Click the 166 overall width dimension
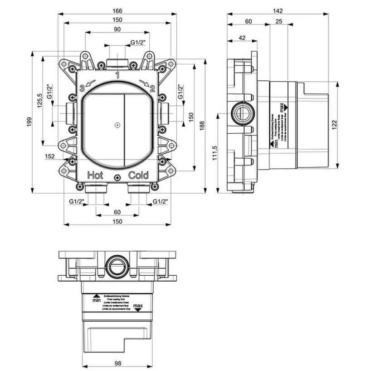tap(117, 11)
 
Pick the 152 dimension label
tap(50, 156)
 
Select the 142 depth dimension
tap(278, 11)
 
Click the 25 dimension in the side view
tap(279, 22)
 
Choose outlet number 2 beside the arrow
tap(153, 88)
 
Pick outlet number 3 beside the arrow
tap(82, 88)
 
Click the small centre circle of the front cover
tap(117, 125)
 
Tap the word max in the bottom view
tap(139, 307)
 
